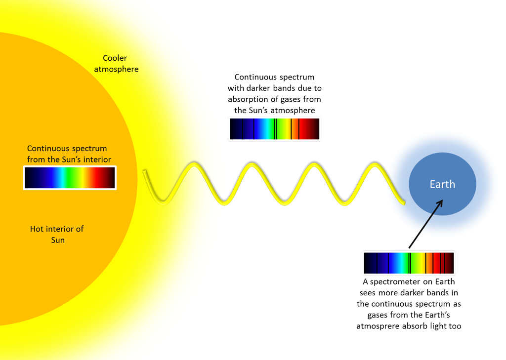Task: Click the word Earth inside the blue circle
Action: pos(442,184)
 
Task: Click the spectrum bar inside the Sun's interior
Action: pos(70,178)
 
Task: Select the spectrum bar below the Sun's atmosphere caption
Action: pos(274,129)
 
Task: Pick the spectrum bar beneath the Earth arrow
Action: pos(409,263)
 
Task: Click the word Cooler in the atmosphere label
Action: pos(115,58)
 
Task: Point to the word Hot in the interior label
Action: pos(37,229)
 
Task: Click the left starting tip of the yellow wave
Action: pos(144,171)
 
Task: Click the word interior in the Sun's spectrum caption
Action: pos(97,160)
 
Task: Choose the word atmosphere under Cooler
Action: pos(116,69)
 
